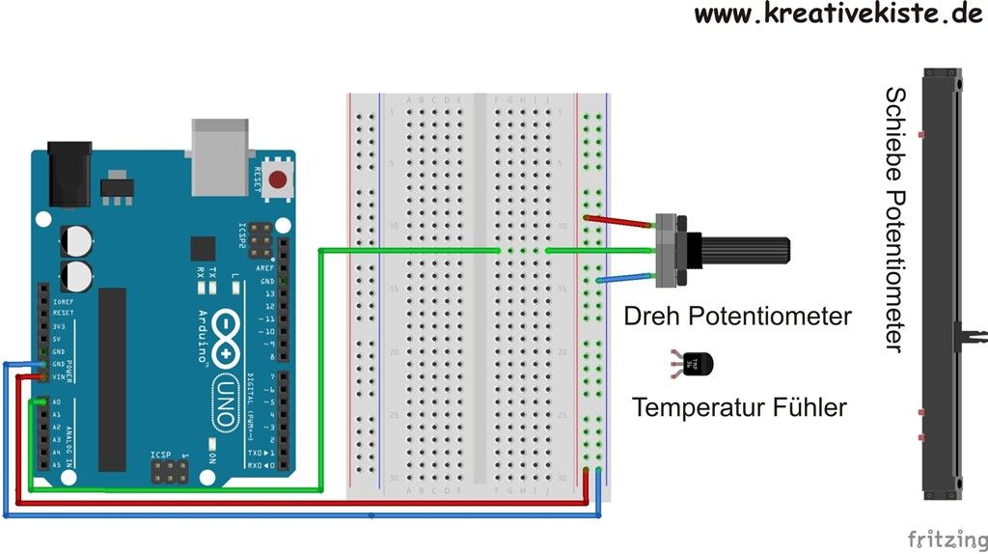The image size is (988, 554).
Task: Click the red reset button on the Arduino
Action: [x=279, y=179]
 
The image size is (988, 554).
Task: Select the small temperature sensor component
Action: [x=698, y=364]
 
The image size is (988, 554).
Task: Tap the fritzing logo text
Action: [x=947, y=536]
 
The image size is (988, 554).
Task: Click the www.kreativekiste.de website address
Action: [x=837, y=14]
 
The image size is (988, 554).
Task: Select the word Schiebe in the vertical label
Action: [x=895, y=128]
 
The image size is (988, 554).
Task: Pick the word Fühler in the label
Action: [x=809, y=407]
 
